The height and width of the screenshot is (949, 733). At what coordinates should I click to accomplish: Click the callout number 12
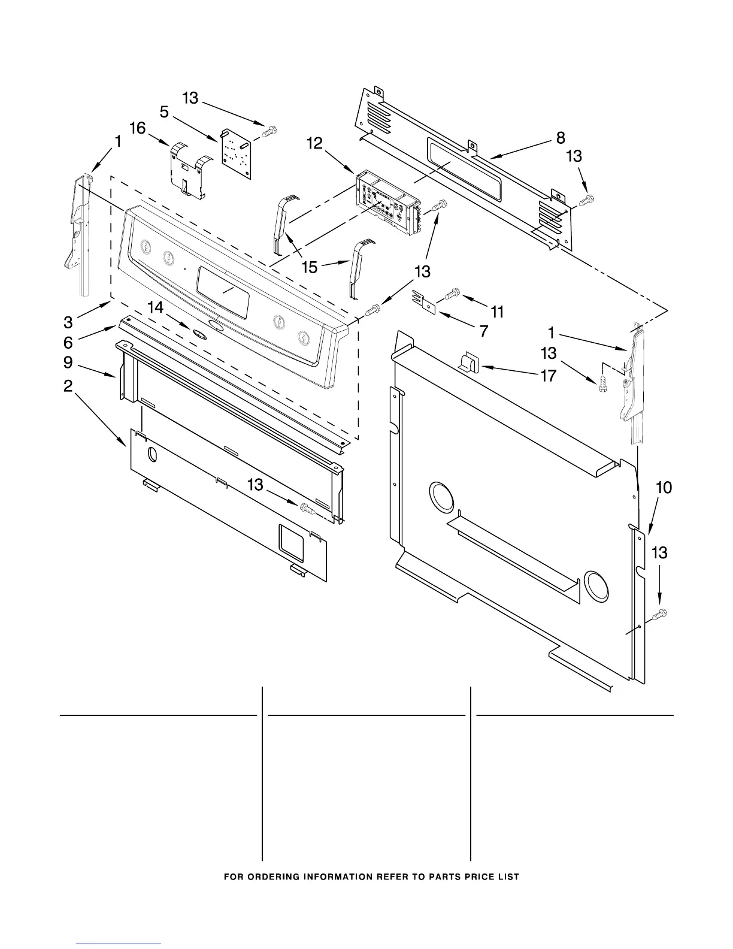314,143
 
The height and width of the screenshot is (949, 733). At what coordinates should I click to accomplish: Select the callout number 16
138,128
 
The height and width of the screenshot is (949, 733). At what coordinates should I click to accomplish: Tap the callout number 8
561,138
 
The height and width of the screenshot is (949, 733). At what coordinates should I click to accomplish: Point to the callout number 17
548,376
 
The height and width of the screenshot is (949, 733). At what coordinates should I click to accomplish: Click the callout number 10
664,488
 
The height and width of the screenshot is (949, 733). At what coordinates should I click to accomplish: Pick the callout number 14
155,308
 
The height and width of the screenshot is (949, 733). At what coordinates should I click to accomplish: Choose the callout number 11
497,312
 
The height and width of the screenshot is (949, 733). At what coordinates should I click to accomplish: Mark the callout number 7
483,330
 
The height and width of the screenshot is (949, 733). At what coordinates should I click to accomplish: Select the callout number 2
68,386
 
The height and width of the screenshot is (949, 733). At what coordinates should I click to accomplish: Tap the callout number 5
164,111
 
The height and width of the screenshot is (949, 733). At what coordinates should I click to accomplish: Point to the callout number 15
310,267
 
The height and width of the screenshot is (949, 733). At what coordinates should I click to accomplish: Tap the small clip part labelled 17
468,362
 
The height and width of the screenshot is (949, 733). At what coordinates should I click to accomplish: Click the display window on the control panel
223,292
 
